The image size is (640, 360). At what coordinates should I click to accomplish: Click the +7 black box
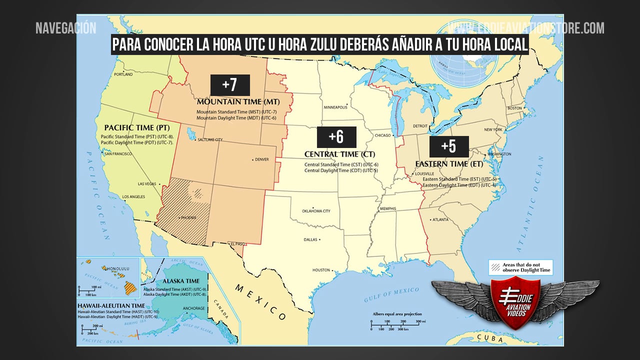coord(229,85)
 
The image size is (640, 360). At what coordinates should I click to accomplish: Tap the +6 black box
coord(336,137)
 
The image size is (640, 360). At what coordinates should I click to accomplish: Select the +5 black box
coord(448,146)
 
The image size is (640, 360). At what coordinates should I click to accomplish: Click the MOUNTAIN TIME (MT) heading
coord(238,101)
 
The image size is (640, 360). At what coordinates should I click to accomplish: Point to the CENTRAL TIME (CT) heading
coord(339,154)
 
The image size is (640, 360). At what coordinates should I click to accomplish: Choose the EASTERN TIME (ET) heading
coord(449,163)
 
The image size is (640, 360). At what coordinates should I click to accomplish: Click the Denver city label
coord(261,159)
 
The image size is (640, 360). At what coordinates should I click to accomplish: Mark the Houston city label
coord(321,270)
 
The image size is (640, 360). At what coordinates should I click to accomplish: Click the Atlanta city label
coord(440,219)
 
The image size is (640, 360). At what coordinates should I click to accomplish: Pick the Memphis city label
coord(387,208)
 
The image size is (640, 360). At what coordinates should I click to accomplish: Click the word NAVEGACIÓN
coord(65,28)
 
